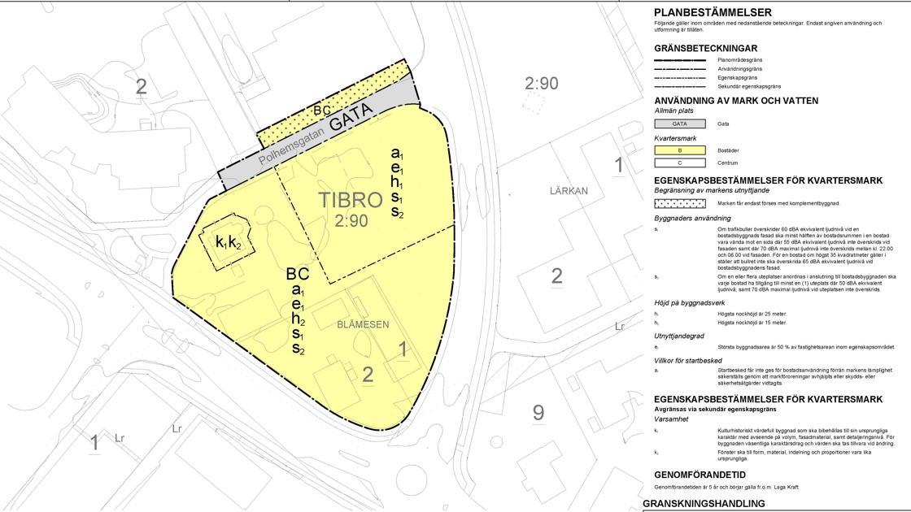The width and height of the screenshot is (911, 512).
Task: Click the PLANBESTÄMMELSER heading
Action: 713,12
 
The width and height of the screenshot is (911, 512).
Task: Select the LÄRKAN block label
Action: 568,190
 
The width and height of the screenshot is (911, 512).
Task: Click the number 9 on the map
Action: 538,413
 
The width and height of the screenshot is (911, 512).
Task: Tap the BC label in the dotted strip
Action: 322,110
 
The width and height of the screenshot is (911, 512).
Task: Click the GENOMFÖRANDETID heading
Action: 700,475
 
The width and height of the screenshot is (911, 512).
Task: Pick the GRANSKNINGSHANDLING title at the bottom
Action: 704,504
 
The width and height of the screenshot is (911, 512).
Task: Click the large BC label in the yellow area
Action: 298,274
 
